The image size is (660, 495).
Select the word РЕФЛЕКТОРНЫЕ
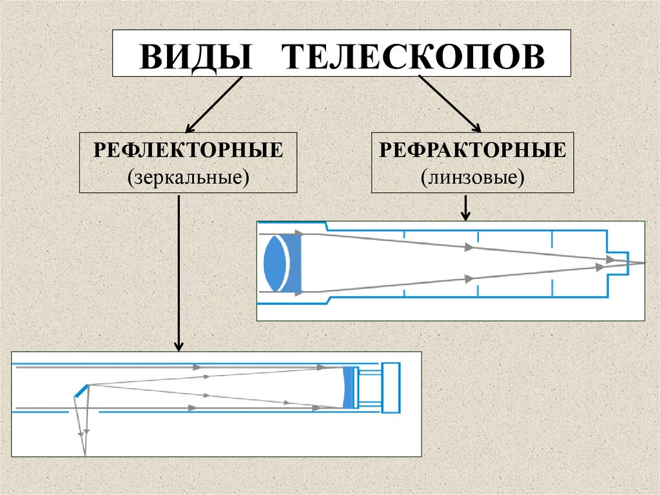tap(188, 150)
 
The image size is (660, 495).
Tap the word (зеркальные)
tap(188, 176)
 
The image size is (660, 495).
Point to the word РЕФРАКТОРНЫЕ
tap(472, 150)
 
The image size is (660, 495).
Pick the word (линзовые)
tap(472, 176)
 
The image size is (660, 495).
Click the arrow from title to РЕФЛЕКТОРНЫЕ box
tap(213, 104)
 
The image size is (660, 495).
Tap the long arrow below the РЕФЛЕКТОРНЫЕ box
tap(179, 271)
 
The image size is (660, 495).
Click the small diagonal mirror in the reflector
tap(81, 389)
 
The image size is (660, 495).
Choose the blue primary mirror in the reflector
tap(349, 387)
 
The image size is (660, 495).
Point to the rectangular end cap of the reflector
tap(391, 387)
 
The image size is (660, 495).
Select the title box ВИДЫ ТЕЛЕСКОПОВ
tap(342, 54)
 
